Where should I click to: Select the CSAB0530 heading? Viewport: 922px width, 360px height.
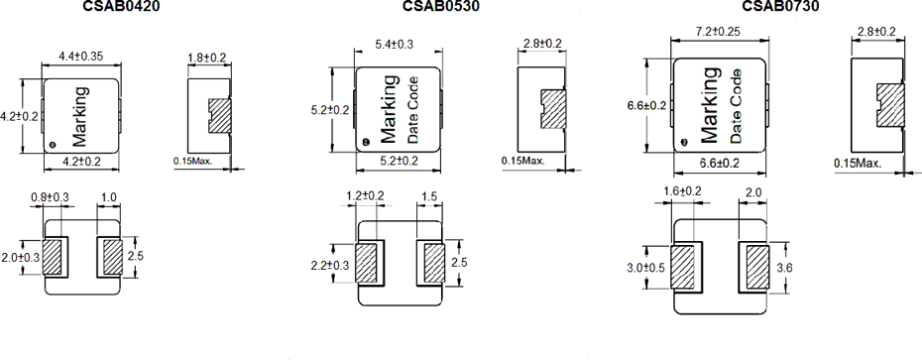pyautogui.click(x=441, y=6)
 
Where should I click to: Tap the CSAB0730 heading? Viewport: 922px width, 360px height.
pyautogui.click(x=780, y=6)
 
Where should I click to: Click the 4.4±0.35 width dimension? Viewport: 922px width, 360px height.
pyautogui.click(x=81, y=57)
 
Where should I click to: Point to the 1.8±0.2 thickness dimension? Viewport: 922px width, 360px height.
pyautogui.click(x=207, y=58)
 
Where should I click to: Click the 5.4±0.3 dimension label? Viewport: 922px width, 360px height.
pyautogui.click(x=394, y=44)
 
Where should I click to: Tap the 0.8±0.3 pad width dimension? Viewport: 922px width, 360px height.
pyautogui.click(x=50, y=197)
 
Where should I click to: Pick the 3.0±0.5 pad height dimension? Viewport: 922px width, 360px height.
pyautogui.click(x=646, y=268)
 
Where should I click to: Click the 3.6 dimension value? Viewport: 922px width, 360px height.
pyautogui.click(x=784, y=268)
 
